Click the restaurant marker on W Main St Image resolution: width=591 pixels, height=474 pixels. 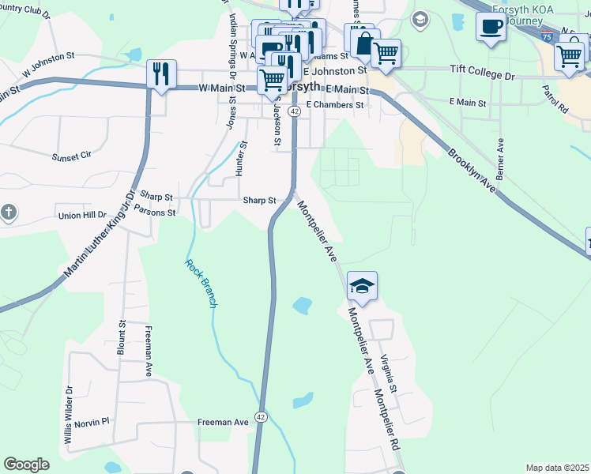click(x=162, y=75)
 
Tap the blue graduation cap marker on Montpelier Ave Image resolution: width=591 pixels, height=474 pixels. click(x=362, y=287)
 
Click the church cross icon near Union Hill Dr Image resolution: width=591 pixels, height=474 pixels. click(x=8, y=212)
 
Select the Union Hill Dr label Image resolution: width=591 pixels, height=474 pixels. click(x=82, y=215)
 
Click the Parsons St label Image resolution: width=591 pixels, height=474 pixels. click(x=154, y=211)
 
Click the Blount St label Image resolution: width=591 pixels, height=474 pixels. click(x=122, y=337)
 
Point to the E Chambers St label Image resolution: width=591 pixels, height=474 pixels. click(x=335, y=104)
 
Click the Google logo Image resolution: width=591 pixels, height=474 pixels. click(x=26, y=465)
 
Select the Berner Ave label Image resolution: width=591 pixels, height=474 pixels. click(x=500, y=158)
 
